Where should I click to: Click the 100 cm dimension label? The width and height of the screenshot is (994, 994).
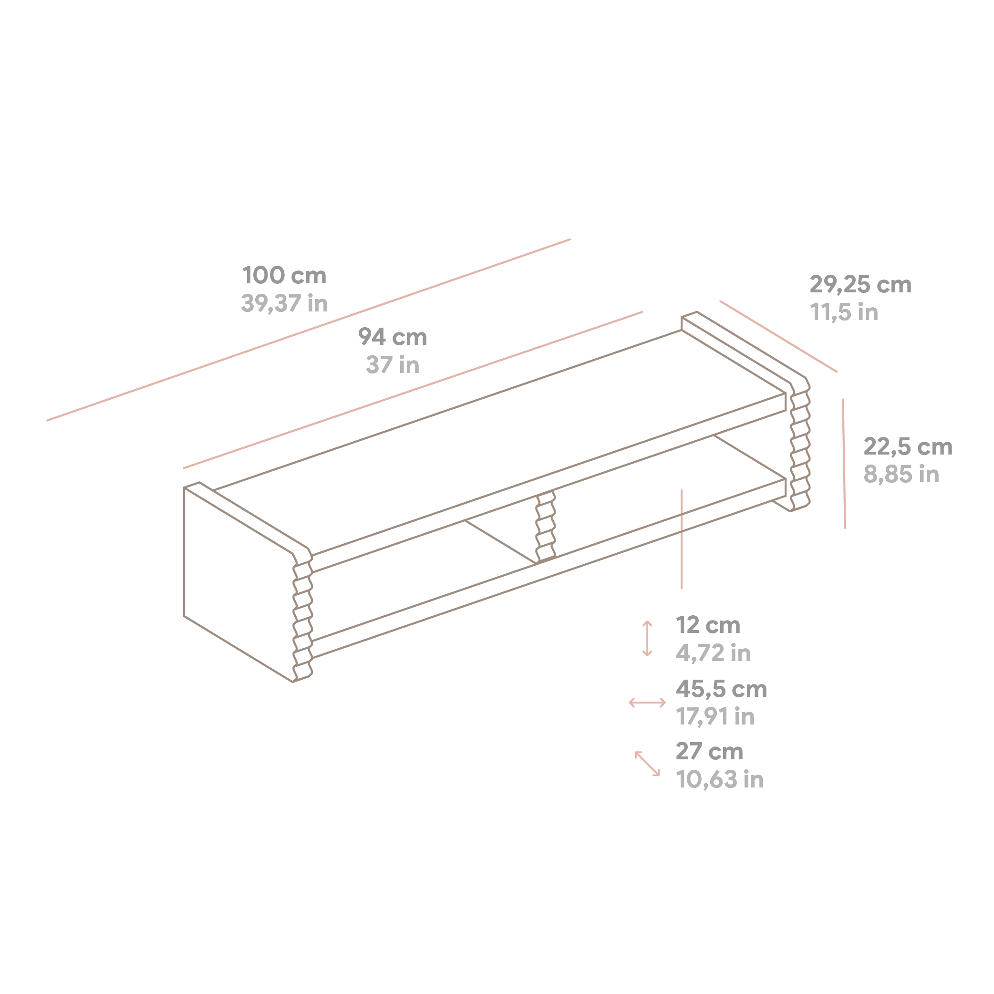(285, 276)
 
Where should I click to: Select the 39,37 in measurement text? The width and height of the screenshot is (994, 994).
(285, 303)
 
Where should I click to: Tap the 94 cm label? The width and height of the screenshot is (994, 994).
(393, 338)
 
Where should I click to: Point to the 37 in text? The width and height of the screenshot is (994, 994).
(393, 365)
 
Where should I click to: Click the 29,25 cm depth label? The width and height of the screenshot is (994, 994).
(861, 285)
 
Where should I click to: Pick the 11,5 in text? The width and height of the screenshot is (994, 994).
(844, 312)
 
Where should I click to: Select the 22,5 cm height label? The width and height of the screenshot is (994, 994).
(908, 447)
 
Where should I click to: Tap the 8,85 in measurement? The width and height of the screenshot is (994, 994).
(901, 475)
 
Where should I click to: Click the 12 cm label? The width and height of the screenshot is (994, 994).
(708, 626)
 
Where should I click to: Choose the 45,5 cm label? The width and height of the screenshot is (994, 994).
(721, 689)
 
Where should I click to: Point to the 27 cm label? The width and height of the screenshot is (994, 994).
(709, 752)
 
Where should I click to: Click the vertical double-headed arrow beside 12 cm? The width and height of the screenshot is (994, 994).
(647, 639)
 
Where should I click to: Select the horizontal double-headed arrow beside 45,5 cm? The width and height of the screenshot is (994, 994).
(647, 702)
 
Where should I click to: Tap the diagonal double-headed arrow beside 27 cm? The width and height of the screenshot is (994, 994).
(647, 764)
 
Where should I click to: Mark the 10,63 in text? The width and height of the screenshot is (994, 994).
(720, 780)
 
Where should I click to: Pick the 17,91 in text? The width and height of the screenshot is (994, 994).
(715, 717)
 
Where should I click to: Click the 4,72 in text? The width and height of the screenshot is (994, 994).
(713, 653)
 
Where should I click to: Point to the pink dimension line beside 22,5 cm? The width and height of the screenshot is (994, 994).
(844, 464)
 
